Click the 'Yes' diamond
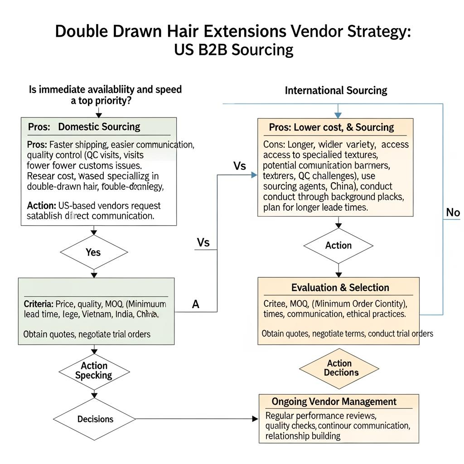pyautogui.click(x=93, y=252)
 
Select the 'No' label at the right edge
pyautogui.click(x=453, y=212)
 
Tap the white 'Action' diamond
pyautogui.click(x=338, y=246)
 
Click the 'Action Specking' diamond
pyautogui.click(x=94, y=371)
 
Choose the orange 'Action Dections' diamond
pyautogui.click(x=339, y=368)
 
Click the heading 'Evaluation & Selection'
pyautogui.click(x=340, y=288)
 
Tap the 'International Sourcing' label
pyautogui.click(x=336, y=90)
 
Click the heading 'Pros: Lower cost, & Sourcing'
pyautogui.click(x=331, y=127)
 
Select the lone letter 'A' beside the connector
pyautogui.click(x=196, y=304)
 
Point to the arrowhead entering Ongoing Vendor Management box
pyautogui.click(x=256, y=419)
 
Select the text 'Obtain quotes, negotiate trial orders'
pyautogui.click(x=87, y=334)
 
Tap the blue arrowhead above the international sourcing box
pyautogui.click(x=338, y=115)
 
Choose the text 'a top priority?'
pyautogui.click(x=101, y=101)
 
